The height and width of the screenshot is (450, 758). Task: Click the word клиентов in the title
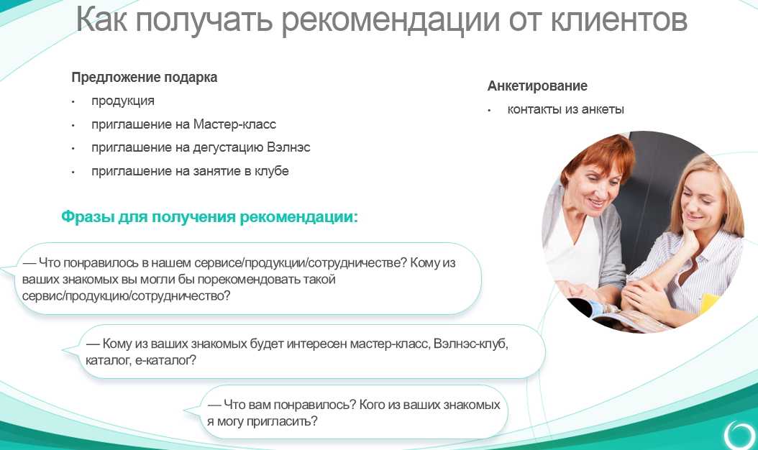(x=619, y=20)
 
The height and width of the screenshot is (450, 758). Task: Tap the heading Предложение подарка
(x=144, y=78)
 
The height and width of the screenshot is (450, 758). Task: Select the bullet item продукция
(x=123, y=101)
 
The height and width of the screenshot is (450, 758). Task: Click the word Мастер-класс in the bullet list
(x=234, y=124)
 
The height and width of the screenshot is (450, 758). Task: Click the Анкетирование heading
(x=537, y=86)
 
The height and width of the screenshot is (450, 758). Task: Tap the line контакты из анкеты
(x=565, y=109)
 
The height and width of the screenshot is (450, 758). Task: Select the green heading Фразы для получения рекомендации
(x=209, y=216)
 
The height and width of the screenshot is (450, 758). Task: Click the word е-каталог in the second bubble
(x=165, y=360)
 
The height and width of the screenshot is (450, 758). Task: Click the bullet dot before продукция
(x=73, y=102)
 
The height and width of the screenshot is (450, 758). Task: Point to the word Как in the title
(x=102, y=20)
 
